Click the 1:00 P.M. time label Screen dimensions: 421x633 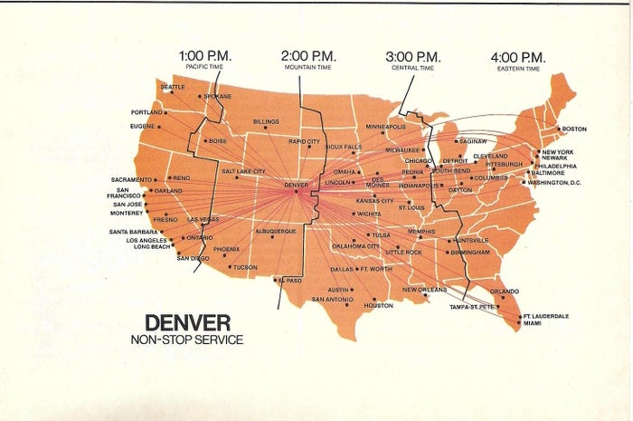point(206,55)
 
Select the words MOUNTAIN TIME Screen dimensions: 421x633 point(308,68)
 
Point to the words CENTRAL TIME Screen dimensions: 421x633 point(412,68)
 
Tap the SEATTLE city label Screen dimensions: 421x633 point(172,87)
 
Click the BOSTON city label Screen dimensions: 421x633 point(574,129)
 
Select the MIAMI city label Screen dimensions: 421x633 point(534,322)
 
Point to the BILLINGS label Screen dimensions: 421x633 point(266,120)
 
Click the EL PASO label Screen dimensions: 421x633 point(290,281)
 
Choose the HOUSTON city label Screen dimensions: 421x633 point(378,306)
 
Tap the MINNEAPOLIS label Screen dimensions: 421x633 point(386,126)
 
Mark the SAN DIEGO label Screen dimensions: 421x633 point(193,258)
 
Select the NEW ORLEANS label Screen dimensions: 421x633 point(425,290)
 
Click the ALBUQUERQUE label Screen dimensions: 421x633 point(277,231)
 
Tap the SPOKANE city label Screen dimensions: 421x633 point(218,96)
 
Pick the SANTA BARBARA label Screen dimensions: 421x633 point(133,232)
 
